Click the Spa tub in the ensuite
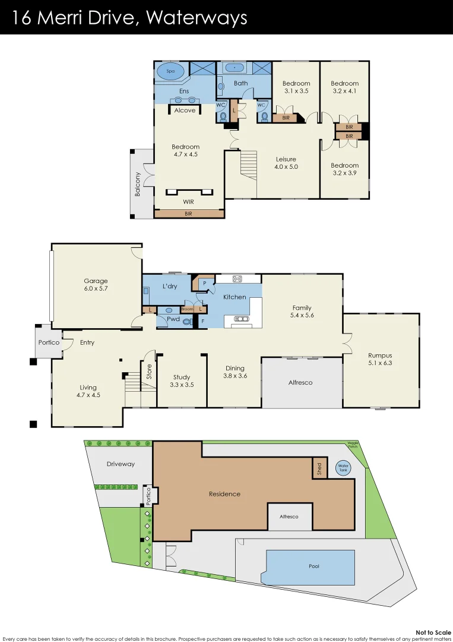[x=170, y=71]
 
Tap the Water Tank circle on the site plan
[x=343, y=468]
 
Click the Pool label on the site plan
[x=314, y=566]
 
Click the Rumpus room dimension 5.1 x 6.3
[x=381, y=362]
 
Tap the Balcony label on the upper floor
[x=138, y=184]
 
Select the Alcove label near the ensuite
[x=185, y=111]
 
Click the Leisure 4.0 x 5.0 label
[x=286, y=163]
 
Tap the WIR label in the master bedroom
[x=188, y=202]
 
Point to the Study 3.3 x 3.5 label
[x=182, y=381]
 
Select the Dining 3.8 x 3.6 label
[x=235, y=372]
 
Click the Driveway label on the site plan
[x=121, y=464]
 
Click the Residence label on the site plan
[x=224, y=494]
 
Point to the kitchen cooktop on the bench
[x=238, y=278]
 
